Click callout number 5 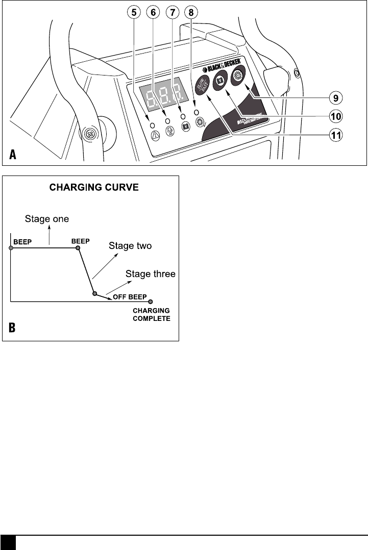134,11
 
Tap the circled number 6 153,11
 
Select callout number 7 172,11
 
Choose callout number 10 335,116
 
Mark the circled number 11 335,135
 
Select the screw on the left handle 89,135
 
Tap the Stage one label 47,219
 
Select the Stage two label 130,246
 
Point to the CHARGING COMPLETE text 152,314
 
